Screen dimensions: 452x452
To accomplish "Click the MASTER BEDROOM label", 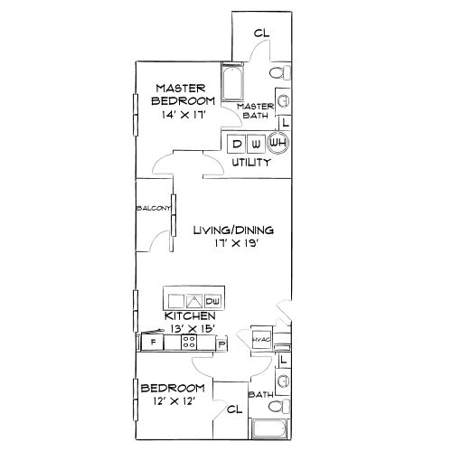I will pyautogui.click(x=184, y=94).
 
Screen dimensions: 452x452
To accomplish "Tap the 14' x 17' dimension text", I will pyautogui.click(x=184, y=115).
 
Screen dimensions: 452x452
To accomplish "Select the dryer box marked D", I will pyautogui.click(x=238, y=143).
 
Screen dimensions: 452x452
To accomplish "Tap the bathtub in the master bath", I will pyautogui.click(x=233, y=85).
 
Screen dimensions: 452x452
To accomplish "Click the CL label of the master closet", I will pyautogui.click(x=261, y=33).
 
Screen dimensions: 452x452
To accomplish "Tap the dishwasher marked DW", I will pyautogui.click(x=213, y=300).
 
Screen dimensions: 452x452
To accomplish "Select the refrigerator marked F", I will pyautogui.click(x=154, y=343).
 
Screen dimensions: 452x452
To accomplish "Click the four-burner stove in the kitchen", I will pyautogui.click(x=189, y=342).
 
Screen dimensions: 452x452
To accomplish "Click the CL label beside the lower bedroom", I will pyautogui.click(x=234, y=409).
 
